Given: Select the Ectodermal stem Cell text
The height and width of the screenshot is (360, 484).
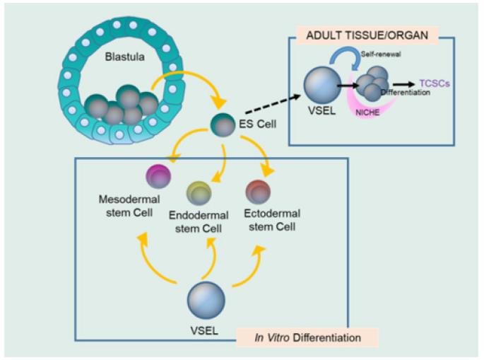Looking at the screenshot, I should (x=271, y=219).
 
